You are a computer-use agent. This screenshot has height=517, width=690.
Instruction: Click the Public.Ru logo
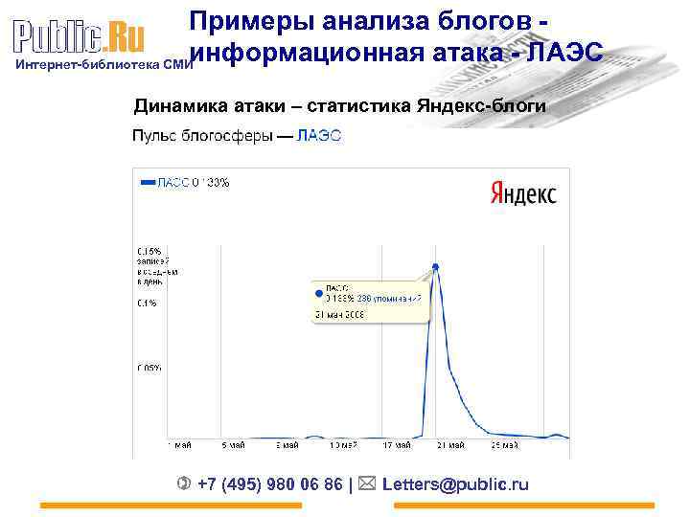click(x=79, y=37)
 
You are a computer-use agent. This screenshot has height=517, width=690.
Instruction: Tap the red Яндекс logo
click(x=523, y=193)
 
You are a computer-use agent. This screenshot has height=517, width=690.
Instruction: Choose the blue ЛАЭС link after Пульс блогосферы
click(x=319, y=136)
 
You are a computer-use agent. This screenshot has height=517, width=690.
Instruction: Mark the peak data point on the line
click(x=436, y=267)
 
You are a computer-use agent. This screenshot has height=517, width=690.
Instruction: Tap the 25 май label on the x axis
click(x=504, y=445)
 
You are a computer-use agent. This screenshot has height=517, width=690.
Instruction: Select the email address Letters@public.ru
click(x=455, y=484)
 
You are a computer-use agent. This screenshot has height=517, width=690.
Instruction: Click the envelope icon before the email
click(x=367, y=483)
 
